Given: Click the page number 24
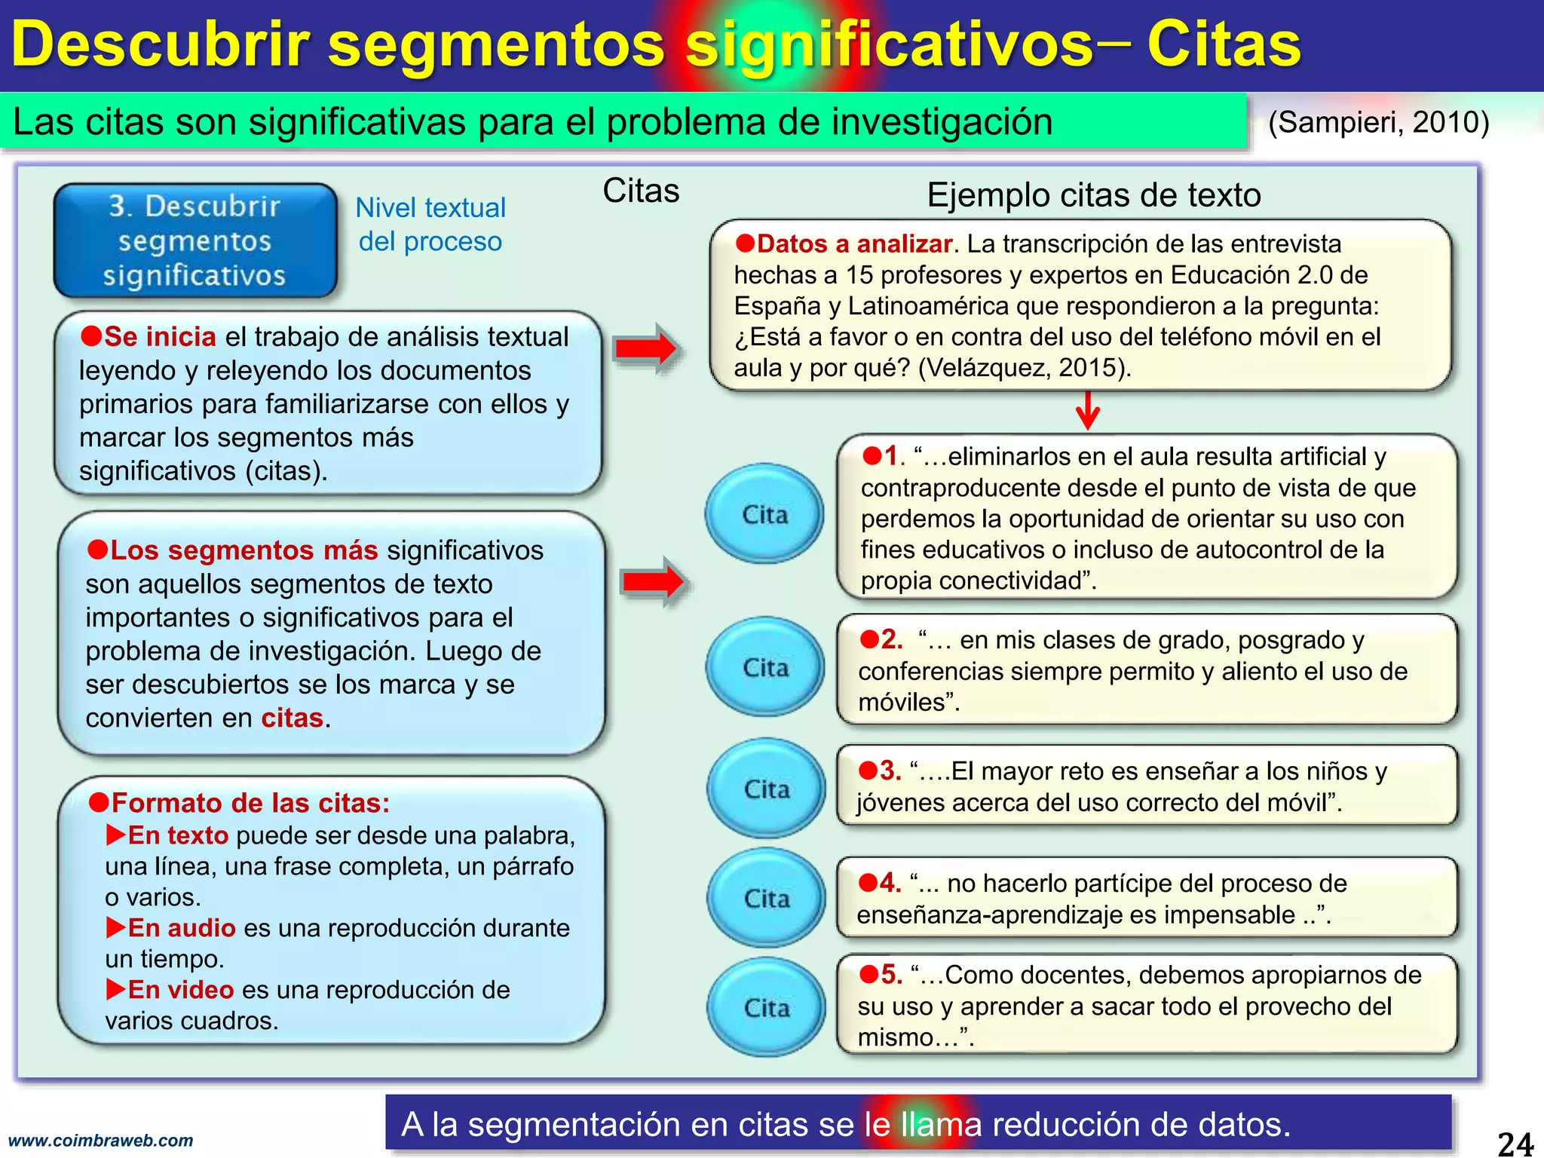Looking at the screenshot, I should pos(1514,1143).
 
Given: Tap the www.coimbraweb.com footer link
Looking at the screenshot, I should pos(100,1141).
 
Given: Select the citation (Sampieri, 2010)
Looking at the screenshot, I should pos(1378,122).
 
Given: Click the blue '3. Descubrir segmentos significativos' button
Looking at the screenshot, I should pos(195,240).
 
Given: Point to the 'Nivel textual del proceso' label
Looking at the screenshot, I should pos(430,224).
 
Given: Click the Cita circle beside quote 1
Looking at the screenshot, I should pos(764,514).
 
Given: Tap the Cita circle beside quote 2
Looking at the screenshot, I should pos(765,667).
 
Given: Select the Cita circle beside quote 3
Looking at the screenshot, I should pos(766,789).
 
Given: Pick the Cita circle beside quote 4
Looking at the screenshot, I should pos(766,898).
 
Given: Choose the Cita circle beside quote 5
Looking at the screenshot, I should pos(766,1007).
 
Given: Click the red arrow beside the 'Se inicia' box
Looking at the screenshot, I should pos(647,348).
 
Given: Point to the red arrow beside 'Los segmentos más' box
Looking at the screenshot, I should pos(653,581).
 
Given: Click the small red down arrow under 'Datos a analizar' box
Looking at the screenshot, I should pos(1087,411).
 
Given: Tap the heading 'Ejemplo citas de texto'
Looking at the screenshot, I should pos(1093,195).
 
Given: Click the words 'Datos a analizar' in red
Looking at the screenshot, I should pos(854,244).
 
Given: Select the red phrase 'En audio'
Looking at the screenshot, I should pos(181,928).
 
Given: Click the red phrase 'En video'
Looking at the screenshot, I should pos(180,990).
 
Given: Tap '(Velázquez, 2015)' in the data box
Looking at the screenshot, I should pos(1024,368).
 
